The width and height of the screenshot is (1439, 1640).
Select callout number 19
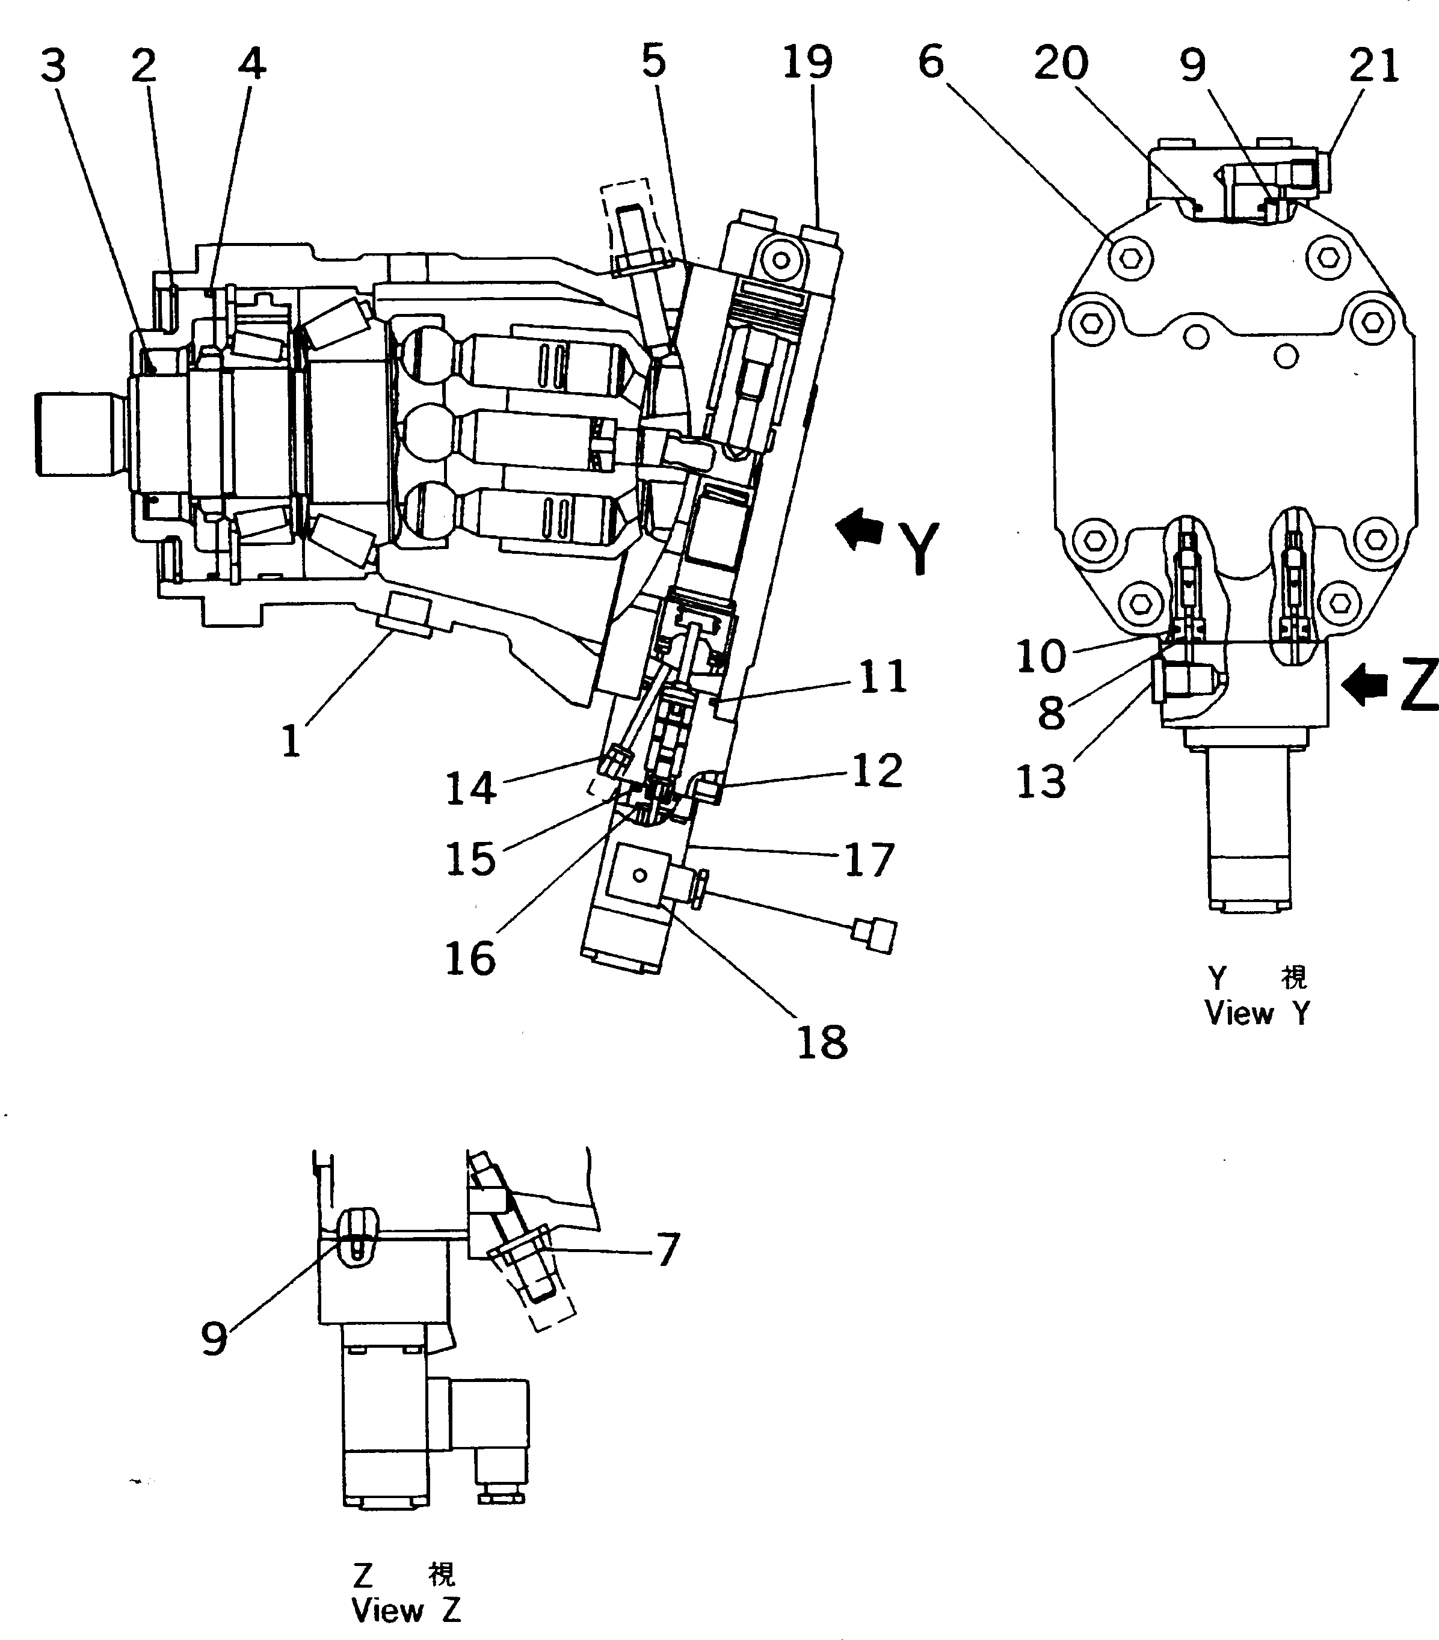pyautogui.click(x=807, y=62)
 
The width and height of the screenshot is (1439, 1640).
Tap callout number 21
pyautogui.click(x=1374, y=65)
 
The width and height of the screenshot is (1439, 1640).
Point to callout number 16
pyautogui.click(x=470, y=958)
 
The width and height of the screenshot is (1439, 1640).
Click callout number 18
pyautogui.click(x=822, y=1043)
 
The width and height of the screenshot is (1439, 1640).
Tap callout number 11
pyautogui.click(x=883, y=677)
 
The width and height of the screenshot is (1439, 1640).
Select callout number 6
pyautogui.click(x=931, y=62)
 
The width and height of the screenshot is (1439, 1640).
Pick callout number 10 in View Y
pyautogui.click(x=1041, y=656)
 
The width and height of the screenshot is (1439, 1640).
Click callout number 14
pyautogui.click(x=471, y=788)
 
